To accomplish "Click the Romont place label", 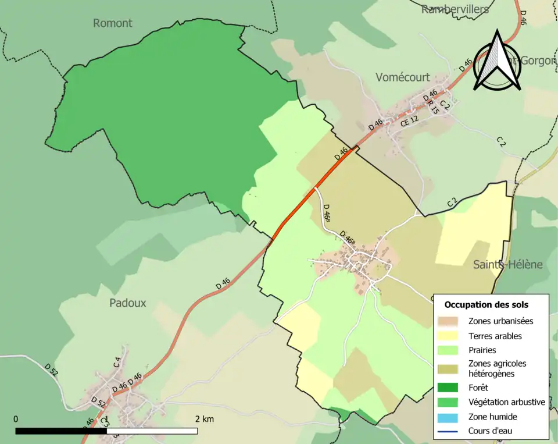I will [x=113, y=23].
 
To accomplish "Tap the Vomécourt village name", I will [x=403, y=77].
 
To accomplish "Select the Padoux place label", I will [x=128, y=303].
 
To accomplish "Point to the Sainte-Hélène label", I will [x=507, y=265].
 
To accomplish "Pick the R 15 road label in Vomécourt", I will [x=433, y=106].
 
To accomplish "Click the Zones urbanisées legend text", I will [x=500, y=321].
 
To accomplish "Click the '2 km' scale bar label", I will [x=204, y=419].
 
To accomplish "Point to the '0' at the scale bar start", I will [x=16, y=419].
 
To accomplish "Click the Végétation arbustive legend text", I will [x=506, y=402].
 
